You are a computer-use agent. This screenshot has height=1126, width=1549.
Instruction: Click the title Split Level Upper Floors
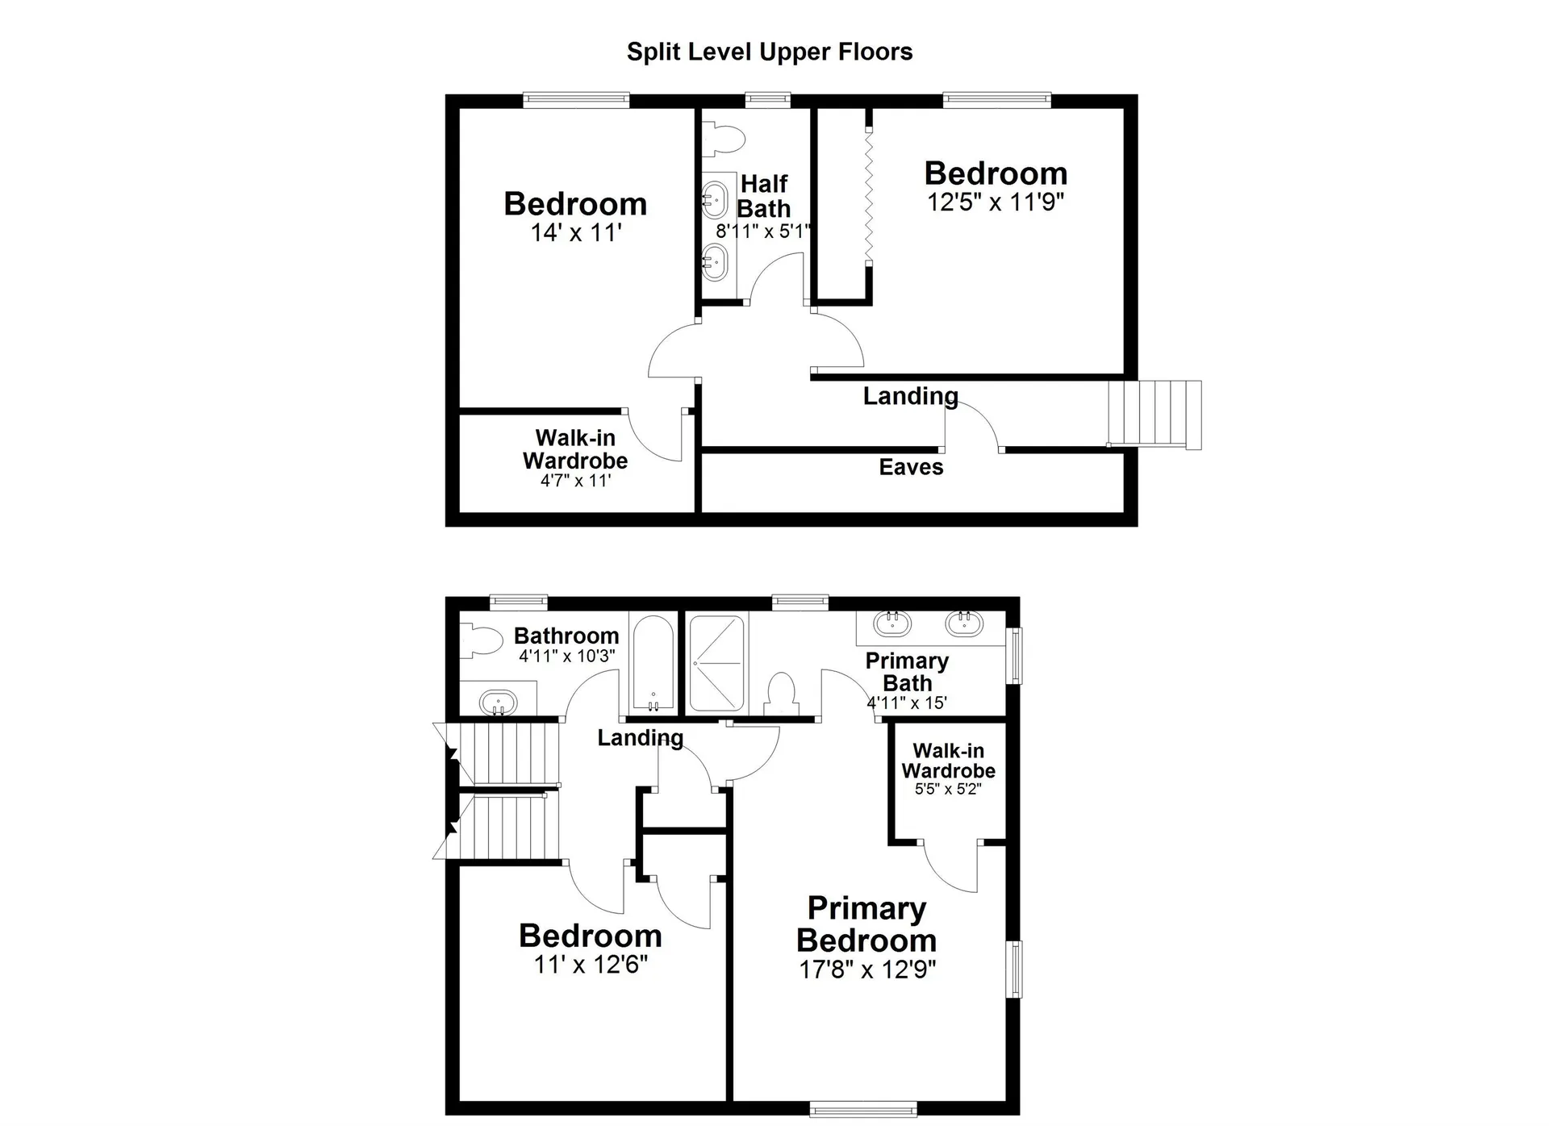coord(769,52)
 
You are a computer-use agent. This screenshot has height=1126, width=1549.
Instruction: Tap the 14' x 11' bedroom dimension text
coord(575,233)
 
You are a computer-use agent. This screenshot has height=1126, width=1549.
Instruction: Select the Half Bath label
coord(763,196)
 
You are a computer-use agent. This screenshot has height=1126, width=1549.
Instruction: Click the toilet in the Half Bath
coord(721,138)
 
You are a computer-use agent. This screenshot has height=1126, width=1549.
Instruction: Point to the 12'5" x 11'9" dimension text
coord(996,202)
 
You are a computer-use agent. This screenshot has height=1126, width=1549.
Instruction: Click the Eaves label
coord(911,467)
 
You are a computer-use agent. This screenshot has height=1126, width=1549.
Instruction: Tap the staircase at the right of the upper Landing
coord(1154,414)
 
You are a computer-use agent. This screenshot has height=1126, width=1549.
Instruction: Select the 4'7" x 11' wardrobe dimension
coord(575,482)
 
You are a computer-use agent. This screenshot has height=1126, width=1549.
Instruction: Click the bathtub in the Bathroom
coord(653,663)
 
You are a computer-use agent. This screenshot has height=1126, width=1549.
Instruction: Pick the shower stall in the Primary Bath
coord(716,663)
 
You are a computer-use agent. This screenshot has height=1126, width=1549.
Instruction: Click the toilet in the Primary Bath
coord(781,694)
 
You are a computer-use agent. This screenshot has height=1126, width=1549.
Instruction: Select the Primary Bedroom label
coord(866,924)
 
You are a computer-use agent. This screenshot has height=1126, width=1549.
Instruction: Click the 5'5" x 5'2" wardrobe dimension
coord(947,789)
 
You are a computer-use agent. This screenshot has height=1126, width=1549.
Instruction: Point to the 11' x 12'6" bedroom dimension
coord(591,965)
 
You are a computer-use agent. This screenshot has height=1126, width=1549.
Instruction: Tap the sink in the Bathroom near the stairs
coord(498,701)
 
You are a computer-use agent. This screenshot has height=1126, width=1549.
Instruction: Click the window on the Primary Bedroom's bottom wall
coord(862,1109)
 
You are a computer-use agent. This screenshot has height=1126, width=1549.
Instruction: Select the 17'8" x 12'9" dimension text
coord(867,970)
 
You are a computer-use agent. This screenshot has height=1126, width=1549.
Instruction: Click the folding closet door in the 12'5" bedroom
coord(869,196)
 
